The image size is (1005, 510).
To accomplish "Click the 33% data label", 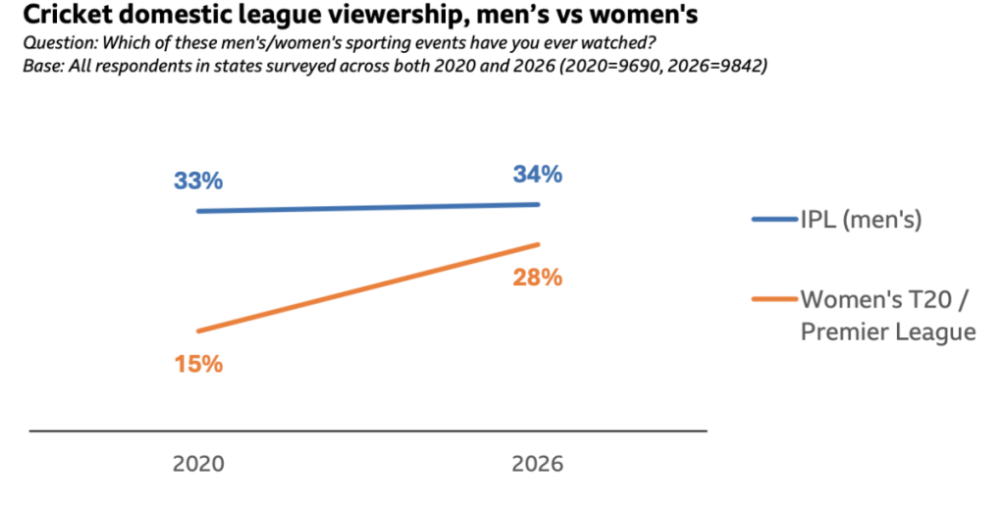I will click(198, 181).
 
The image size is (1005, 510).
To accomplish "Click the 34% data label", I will click(537, 176).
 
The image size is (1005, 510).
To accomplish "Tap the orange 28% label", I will click(537, 278).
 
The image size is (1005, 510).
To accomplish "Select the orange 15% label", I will click(198, 364).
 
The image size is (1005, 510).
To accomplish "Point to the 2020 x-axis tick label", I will click(198, 463).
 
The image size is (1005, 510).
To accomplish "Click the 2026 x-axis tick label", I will click(537, 463).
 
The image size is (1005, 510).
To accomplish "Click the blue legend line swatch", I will click(773, 220).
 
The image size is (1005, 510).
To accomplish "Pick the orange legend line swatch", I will click(773, 298).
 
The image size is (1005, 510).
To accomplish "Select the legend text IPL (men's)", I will click(861, 220).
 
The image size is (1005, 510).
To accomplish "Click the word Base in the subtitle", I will click(40, 67).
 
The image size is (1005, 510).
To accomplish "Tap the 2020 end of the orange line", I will click(198, 331).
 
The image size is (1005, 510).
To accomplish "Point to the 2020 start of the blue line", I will click(198, 211).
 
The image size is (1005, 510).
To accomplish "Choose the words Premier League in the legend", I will click(888, 331).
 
